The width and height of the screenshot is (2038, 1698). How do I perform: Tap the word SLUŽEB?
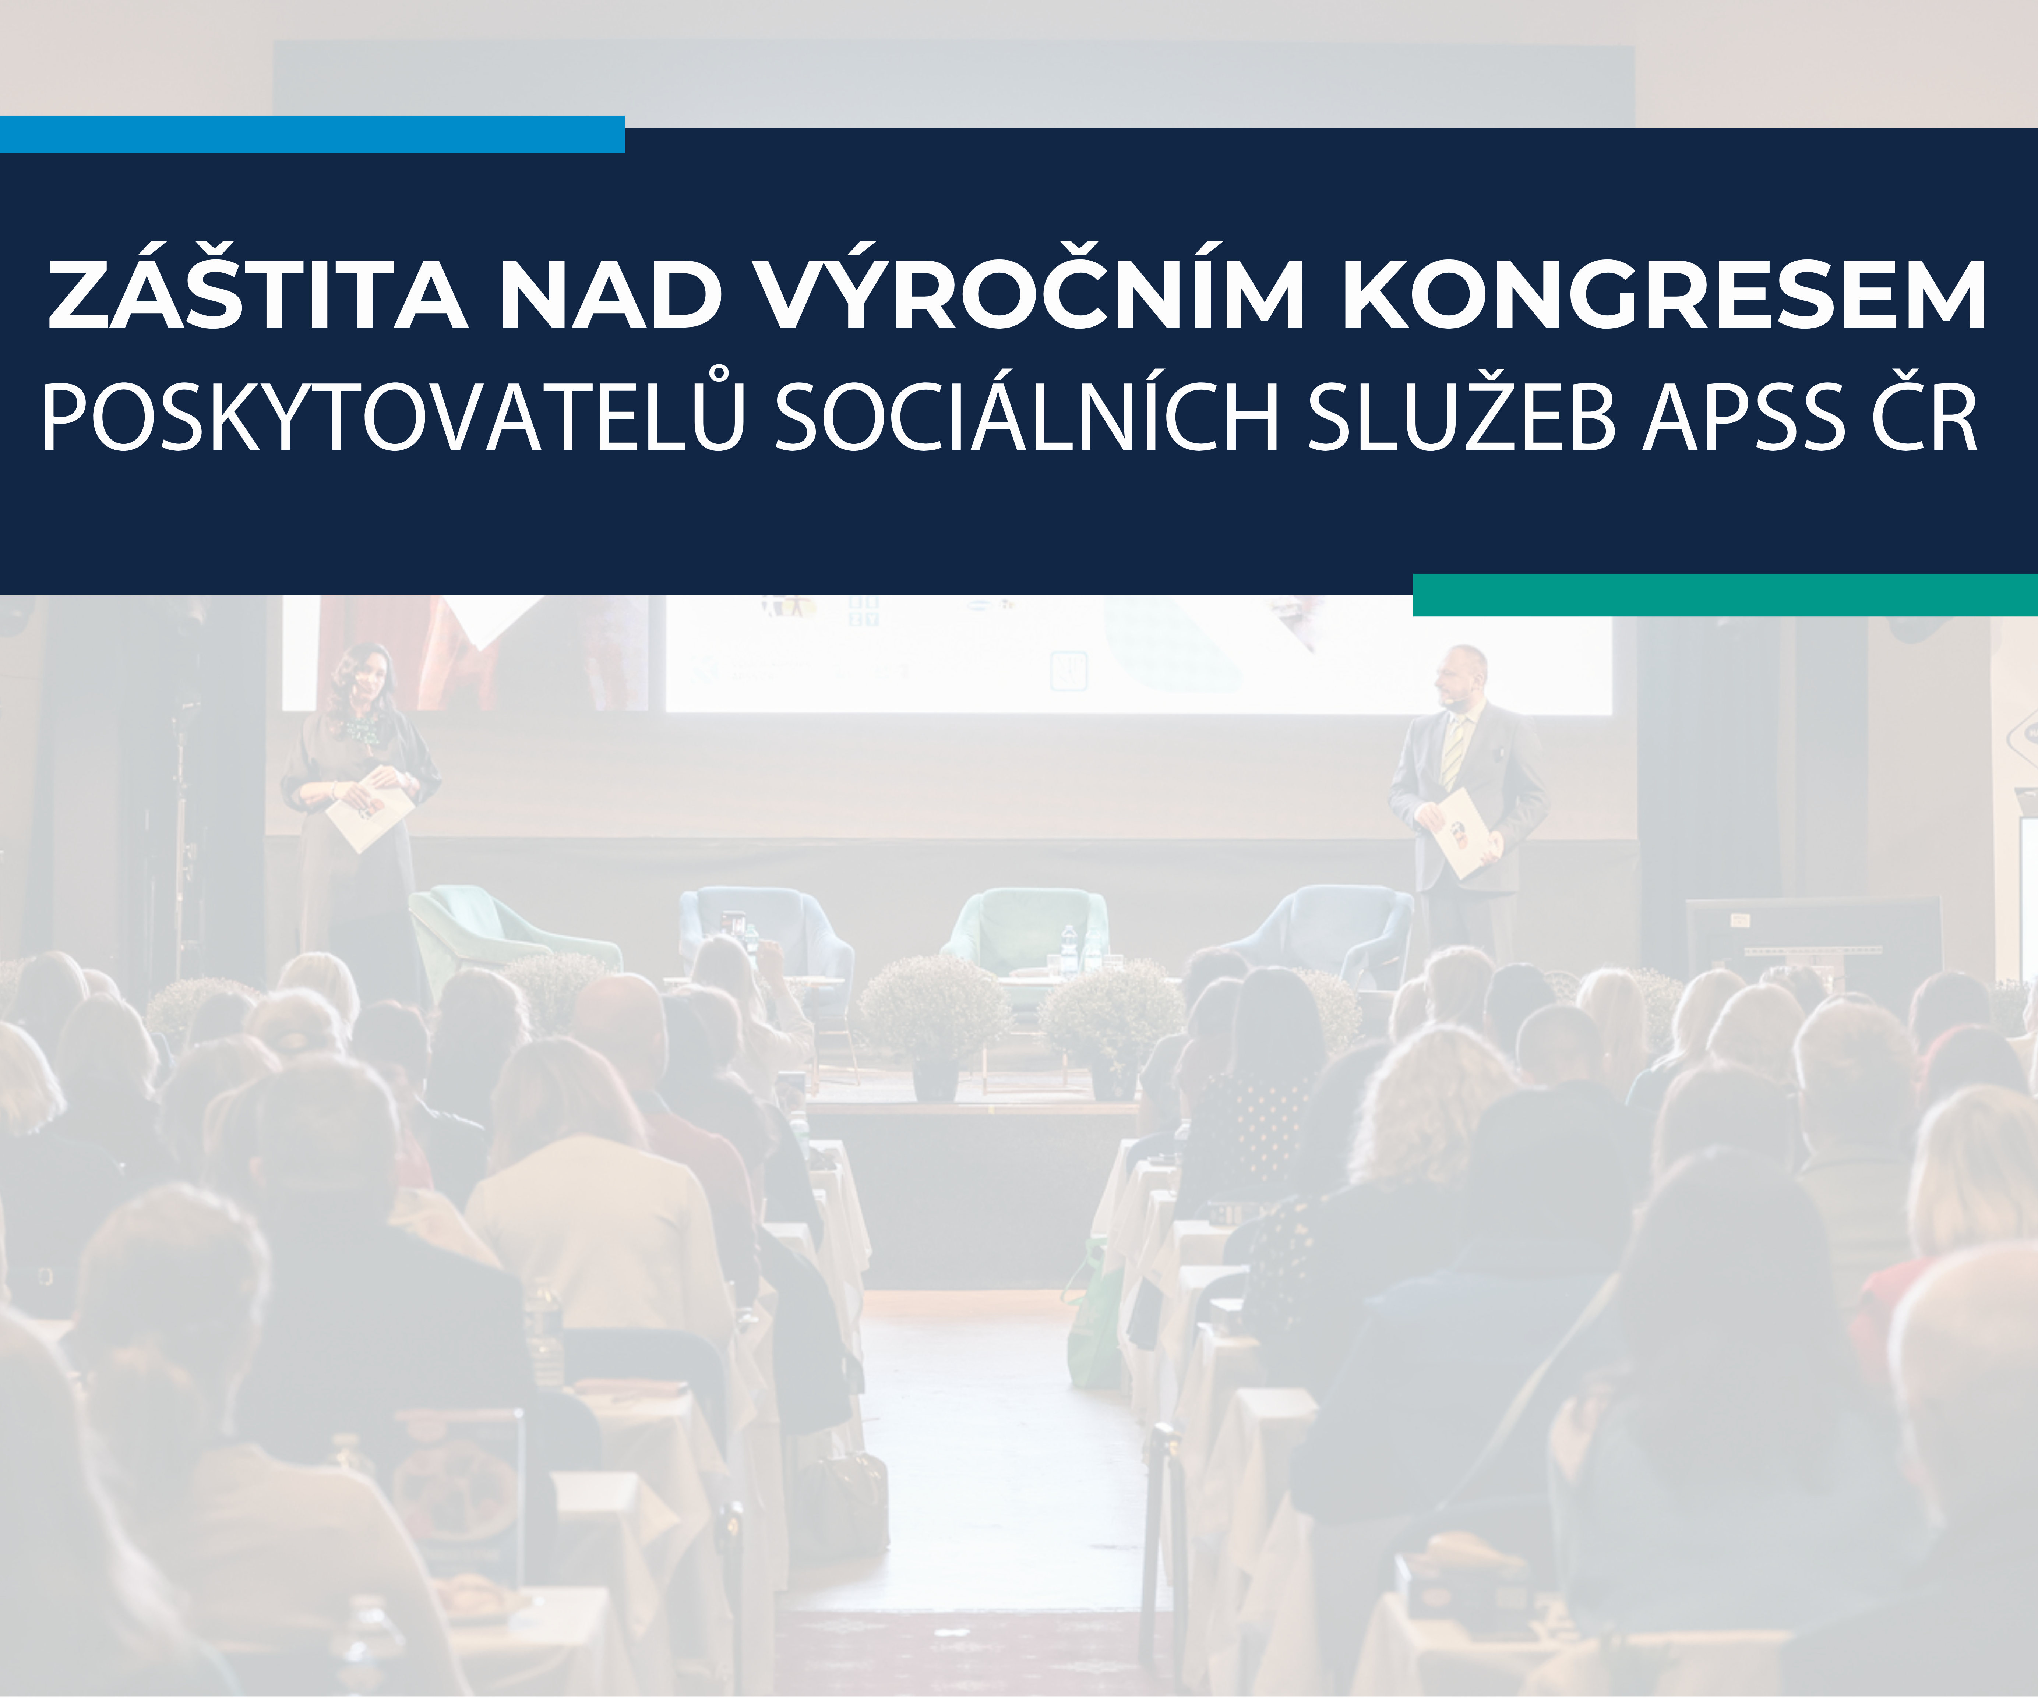(x=1463, y=417)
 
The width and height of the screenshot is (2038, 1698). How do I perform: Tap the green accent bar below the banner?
(x=1725, y=595)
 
